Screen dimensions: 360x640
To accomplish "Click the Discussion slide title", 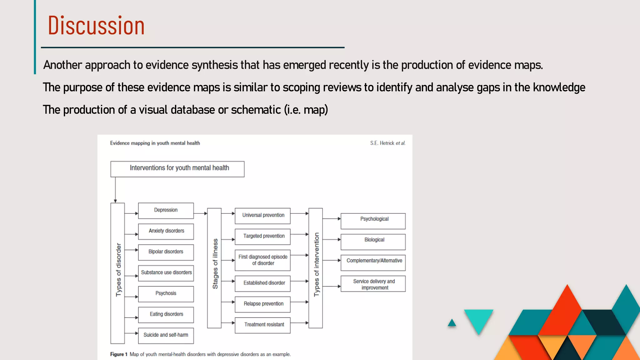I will (x=96, y=26).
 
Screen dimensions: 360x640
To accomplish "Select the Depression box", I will (x=166, y=210).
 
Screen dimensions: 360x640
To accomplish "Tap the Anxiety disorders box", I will (x=166, y=231).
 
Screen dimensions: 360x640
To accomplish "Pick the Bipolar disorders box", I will (x=166, y=252).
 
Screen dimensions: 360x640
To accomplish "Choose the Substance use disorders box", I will (x=166, y=273).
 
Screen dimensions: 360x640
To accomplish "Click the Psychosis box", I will (x=166, y=294).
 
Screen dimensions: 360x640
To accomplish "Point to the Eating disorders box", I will (x=166, y=314).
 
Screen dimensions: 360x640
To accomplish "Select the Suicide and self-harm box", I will (x=166, y=335).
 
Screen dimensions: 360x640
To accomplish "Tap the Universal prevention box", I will (x=263, y=216).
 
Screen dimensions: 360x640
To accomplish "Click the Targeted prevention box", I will (x=263, y=236).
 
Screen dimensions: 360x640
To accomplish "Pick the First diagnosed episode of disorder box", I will (x=263, y=260).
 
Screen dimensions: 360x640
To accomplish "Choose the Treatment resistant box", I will (x=263, y=325).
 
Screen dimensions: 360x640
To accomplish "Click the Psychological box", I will (x=373, y=221).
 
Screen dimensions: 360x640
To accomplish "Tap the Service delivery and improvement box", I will (x=373, y=284).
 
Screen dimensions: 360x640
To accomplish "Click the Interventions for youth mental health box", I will (x=177, y=169).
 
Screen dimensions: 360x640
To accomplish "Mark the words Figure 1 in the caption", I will (x=119, y=354).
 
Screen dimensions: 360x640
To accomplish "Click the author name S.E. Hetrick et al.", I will (x=387, y=143).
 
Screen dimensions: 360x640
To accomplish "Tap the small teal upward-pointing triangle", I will (x=452, y=323).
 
